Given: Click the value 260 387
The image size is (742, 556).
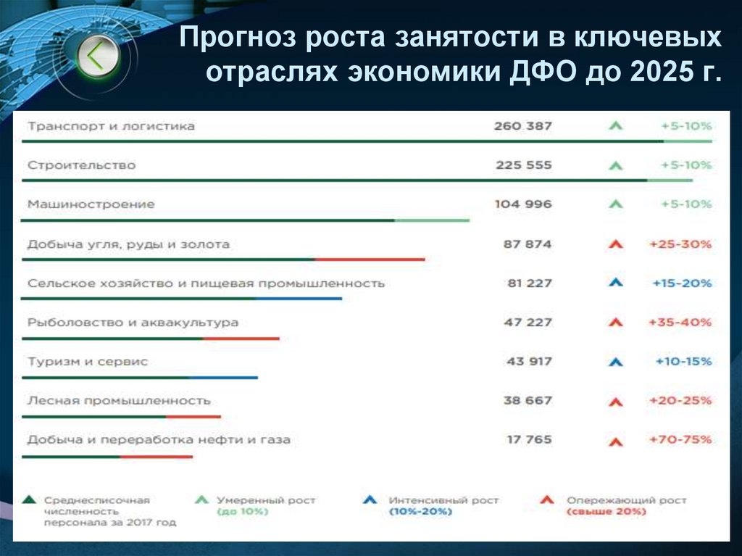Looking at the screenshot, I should [x=522, y=126].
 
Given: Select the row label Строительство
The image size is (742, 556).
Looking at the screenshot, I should [x=81, y=165].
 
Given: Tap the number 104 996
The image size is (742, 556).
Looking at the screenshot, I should [x=522, y=204].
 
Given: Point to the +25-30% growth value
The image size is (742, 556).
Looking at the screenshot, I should [x=680, y=244].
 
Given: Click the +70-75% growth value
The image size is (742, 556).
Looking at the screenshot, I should [x=680, y=439].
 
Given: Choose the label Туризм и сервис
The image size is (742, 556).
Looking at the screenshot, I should [x=87, y=361].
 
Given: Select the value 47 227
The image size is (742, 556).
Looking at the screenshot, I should [x=528, y=322].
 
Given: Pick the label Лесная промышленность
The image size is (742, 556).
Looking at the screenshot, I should [x=119, y=400].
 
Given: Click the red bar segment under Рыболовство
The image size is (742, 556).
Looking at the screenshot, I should [x=241, y=339].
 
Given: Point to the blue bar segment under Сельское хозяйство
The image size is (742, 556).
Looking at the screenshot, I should [x=299, y=299].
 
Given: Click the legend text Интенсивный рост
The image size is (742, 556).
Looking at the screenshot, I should [x=443, y=500].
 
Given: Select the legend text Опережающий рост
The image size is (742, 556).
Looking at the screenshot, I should [x=626, y=500].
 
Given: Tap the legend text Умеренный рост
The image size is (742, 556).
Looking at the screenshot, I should [x=266, y=500].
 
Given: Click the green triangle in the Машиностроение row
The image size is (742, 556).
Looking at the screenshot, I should [x=615, y=205].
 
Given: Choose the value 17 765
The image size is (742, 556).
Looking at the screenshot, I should [x=528, y=439].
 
